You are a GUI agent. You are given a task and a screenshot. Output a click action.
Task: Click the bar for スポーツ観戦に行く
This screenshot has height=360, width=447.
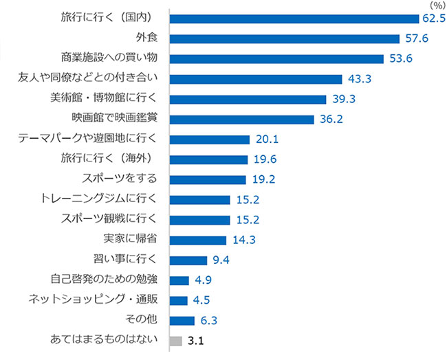(199, 220)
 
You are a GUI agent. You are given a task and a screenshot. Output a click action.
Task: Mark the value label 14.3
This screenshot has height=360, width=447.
(244, 240)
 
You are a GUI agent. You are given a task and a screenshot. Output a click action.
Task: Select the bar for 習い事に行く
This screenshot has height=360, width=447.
(188, 260)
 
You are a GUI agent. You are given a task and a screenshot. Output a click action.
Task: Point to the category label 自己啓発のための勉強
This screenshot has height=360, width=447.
(104, 280)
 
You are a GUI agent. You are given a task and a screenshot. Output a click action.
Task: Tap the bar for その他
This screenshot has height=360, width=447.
(182, 320)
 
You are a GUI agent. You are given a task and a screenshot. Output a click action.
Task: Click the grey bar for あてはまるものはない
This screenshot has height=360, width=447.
(175, 340)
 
